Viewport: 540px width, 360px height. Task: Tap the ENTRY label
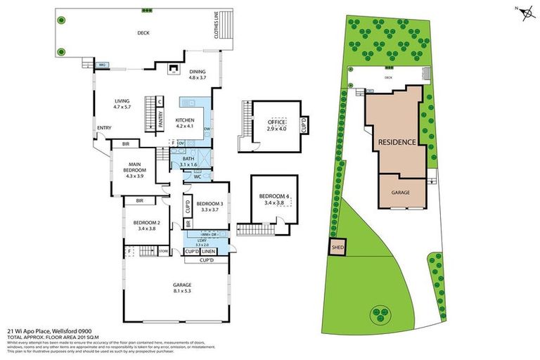(104, 127)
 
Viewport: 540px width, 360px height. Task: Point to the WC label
(198, 176)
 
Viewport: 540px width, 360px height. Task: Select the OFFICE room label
(276, 125)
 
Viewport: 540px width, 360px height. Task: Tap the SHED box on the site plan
(335, 247)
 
